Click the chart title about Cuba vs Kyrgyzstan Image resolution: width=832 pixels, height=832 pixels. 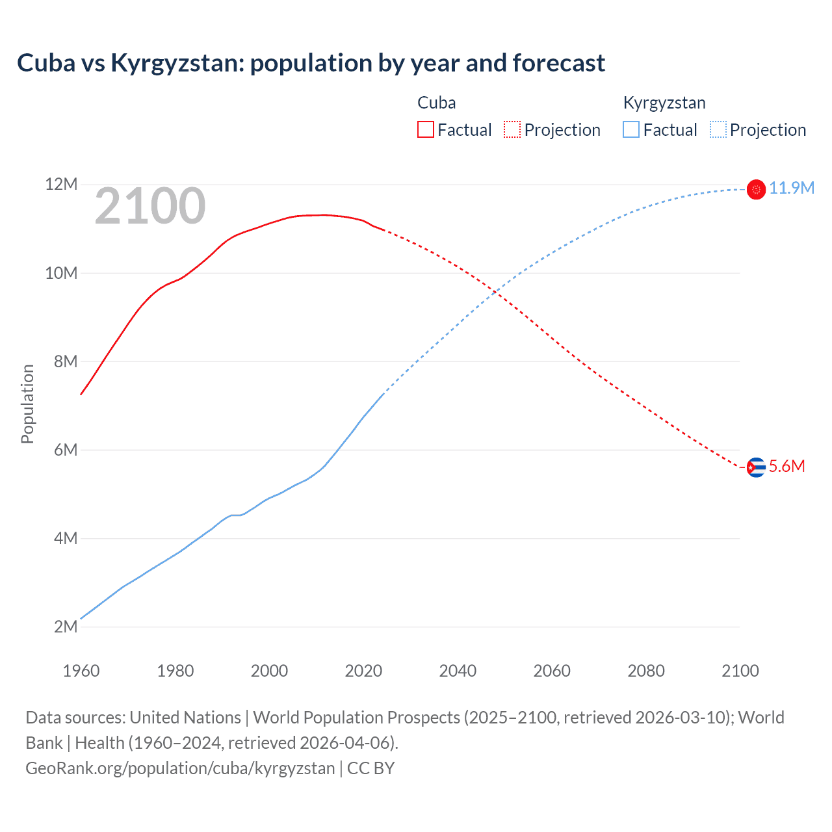pos(311,63)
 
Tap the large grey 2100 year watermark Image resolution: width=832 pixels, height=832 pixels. pos(150,206)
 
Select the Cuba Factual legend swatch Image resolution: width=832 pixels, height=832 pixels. pos(425,129)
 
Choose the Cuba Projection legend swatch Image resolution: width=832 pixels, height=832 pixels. pos(512,129)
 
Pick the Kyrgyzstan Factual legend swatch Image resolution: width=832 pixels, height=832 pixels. pos(631,129)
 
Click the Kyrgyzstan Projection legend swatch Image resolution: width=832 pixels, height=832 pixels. pos(718,129)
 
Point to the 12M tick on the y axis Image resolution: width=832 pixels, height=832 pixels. pos(61,185)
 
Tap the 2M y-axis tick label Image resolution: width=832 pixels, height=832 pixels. pos(65,627)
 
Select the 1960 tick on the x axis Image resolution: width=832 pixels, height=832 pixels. pos(81,671)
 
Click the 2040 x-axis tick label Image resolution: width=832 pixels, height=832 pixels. pos(458,671)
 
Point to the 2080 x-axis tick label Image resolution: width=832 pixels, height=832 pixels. pos(646,671)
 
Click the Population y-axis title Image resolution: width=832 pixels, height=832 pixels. pos(27,404)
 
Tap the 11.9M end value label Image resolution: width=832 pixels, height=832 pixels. pos(791,188)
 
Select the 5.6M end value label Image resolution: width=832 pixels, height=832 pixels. pos(786,467)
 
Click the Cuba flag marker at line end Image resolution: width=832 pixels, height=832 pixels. pos(756,467)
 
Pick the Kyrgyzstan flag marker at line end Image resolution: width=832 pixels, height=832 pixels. pos(756,189)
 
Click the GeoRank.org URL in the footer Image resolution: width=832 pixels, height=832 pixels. pos(180,768)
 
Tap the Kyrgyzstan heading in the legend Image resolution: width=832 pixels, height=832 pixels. pos(664,103)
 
